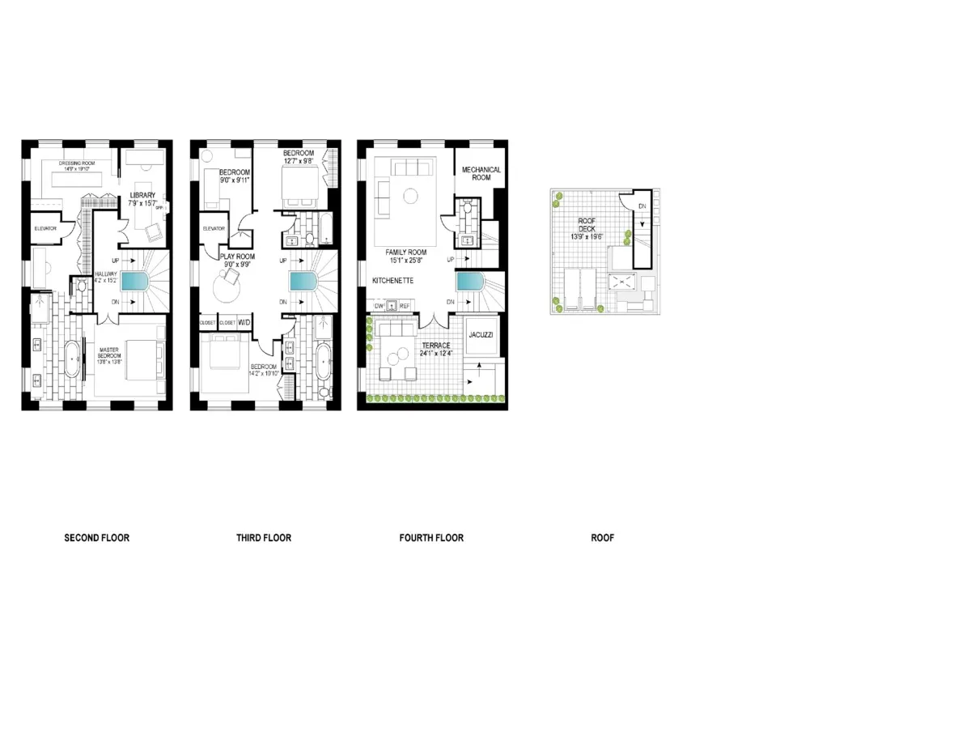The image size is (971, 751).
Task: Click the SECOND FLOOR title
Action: tap(96, 538)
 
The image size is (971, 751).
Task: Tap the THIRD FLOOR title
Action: tap(264, 538)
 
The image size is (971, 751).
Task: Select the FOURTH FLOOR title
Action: tap(431, 538)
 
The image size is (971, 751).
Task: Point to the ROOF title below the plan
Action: tap(602, 538)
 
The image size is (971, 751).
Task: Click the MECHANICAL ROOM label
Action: tap(481, 174)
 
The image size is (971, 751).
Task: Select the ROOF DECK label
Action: tap(587, 225)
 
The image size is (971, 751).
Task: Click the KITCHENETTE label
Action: tap(393, 280)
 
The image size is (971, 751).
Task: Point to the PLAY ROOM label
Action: tap(238, 257)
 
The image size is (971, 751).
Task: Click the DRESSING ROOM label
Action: tap(77, 163)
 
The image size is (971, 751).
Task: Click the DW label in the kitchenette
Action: tap(378, 306)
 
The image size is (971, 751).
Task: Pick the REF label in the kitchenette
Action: tap(405, 306)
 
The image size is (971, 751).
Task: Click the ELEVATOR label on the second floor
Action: tap(45, 229)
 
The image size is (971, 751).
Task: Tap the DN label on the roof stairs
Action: tap(642, 206)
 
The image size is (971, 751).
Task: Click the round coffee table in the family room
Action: tap(410, 194)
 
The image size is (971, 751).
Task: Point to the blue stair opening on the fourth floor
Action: tap(469, 282)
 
